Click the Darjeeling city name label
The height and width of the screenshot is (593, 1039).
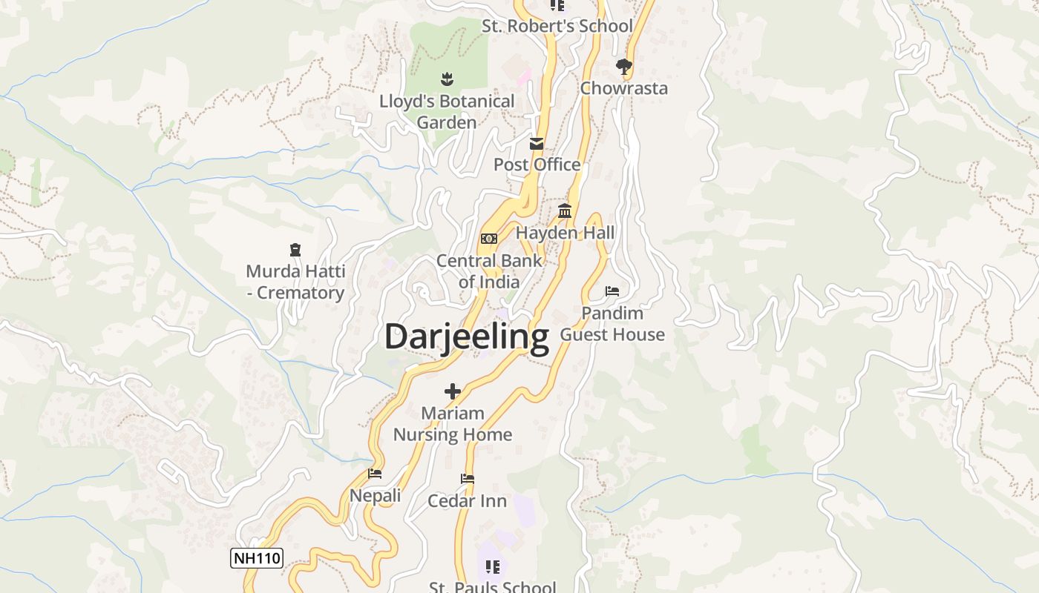point(467,337)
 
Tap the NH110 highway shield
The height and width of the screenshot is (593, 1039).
point(257,558)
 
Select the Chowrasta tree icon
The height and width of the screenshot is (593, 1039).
point(623,67)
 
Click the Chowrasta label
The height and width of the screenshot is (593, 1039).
point(623,88)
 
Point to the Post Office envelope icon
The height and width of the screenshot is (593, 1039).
point(537,144)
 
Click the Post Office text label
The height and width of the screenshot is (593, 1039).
point(537,165)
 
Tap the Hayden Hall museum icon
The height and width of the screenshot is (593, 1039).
point(565,211)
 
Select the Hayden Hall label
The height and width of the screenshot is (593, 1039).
point(565,233)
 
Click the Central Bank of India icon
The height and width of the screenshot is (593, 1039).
point(488,239)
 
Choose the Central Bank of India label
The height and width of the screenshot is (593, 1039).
point(489,271)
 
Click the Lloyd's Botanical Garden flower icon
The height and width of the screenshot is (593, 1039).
point(447,78)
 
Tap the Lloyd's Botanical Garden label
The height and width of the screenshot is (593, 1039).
point(447,111)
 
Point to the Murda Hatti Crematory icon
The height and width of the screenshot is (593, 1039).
point(295,250)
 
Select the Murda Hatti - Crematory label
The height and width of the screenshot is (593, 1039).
point(295,282)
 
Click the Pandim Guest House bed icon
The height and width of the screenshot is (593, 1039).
point(612,291)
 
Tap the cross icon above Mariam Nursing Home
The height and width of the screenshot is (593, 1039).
point(453,391)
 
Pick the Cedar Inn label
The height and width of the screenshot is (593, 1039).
point(468,501)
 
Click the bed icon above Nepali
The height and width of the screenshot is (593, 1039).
point(375,474)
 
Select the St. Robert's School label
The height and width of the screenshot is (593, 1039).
point(557,26)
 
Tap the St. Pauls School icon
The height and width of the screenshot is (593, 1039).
point(492,567)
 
